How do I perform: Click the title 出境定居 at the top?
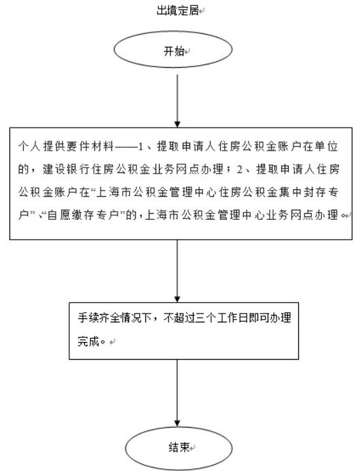pyautogui.click(x=177, y=10)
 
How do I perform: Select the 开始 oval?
pyautogui.click(x=173, y=50)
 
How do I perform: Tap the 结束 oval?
pyautogui.click(x=179, y=448)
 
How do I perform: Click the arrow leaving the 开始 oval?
pyautogui.click(x=177, y=101)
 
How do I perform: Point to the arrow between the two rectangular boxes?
pyautogui.click(x=177, y=271)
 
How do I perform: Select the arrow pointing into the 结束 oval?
pyautogui.click(x=177, y=393)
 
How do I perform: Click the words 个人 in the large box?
pyautogui.click(x=29, y=147)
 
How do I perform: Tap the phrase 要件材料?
pyautogui.click(x=78, y=147)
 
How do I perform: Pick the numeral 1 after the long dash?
pyautogui.click(x=141, y=147)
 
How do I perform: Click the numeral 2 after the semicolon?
pyautogui.click(x=239, y=170)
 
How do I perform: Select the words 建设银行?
pyautogui.click(x=66, y=169)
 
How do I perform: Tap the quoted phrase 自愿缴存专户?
pyautogui.click(x=84, y=214)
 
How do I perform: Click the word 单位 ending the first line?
pyautogui.click(x=326, y=147)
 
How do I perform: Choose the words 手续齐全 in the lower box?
pyautogui.click(x=98, y=318)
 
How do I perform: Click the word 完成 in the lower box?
pyautogui.click(x=88, y=341)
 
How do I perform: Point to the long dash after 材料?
pyautogui.click(x=126, y=147)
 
